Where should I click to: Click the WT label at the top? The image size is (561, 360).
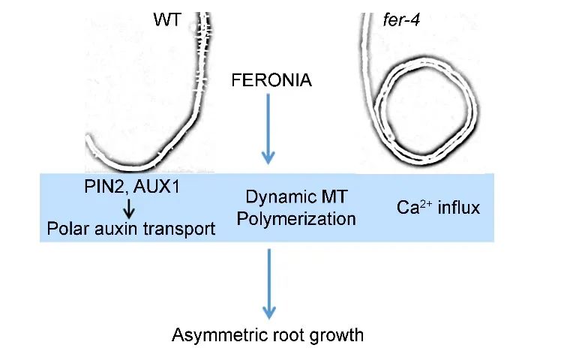(x=167, y=20)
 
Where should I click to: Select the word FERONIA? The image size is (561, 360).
(x=272, y=80)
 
